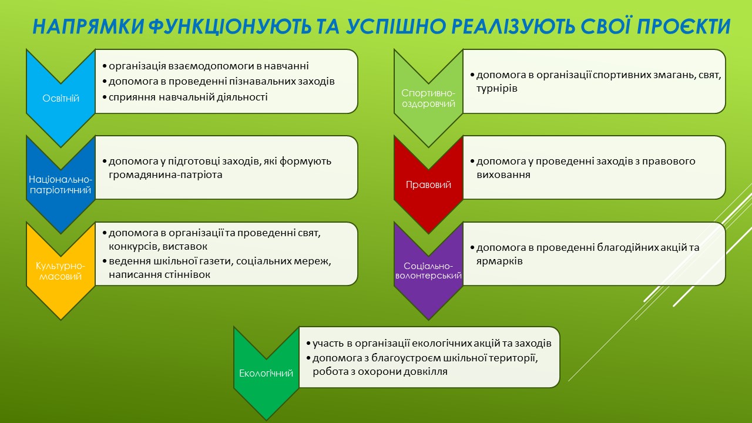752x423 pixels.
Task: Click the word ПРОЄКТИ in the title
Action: coord(683,26)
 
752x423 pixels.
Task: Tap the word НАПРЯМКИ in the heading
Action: coord(88,26)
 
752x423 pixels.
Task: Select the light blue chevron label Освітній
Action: coord(61,98)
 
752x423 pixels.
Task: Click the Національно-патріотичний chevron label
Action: coord(61,184)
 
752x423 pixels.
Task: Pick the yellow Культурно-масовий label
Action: coord(61,271)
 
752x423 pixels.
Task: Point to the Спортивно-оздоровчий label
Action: coord(428,98)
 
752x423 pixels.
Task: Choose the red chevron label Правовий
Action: coord(428,184)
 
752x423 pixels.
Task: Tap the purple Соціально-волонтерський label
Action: coord(428,271)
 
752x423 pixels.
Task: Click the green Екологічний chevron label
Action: coord(266,373)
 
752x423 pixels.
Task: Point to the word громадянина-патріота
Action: coord(166,175)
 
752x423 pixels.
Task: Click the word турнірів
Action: coord(497,89)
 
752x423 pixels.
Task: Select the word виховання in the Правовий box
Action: coord(503,175)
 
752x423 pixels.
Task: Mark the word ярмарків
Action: coord(499,261)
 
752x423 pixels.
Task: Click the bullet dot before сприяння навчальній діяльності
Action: coord(105,98)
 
